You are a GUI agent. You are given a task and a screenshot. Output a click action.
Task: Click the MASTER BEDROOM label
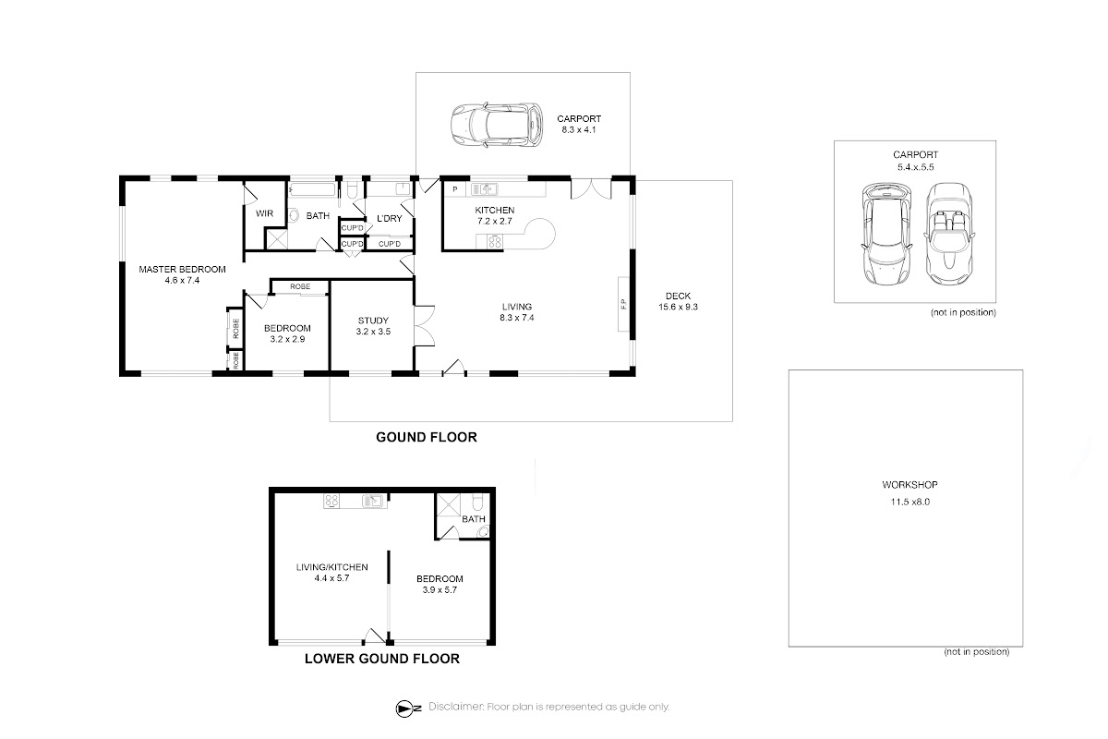tap(182, 269)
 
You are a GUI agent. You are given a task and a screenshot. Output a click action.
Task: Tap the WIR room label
tap(264, 213)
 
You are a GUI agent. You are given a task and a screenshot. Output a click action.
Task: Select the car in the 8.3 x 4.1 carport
tap(497, 125)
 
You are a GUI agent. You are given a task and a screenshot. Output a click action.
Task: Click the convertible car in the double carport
tap(948, 234)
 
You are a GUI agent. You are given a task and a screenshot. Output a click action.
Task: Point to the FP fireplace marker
tap(623, 303)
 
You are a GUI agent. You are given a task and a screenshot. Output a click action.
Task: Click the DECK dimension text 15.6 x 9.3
tap(678, 307)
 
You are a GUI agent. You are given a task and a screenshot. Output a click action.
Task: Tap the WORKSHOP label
tap(909, 485)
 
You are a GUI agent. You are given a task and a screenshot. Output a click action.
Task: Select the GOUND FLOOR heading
tap(427, 437)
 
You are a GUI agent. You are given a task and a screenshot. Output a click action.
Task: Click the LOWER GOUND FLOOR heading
tap(382, 659)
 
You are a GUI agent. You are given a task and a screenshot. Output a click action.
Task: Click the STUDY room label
tap(373, 321)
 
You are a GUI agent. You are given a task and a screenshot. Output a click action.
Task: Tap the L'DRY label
tap(390, 218)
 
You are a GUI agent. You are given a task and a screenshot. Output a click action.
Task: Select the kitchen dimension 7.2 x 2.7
tap(495, 222)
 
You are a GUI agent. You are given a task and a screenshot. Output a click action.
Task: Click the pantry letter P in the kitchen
tap(455, 189)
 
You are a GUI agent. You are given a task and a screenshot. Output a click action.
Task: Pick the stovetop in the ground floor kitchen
tap(495, 242)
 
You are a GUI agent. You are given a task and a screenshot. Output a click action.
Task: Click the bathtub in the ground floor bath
tap(312, 189)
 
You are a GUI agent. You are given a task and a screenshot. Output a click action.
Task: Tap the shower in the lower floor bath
tap(448, 506)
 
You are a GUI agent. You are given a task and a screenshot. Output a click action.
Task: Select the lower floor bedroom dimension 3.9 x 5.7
tap(440, 590)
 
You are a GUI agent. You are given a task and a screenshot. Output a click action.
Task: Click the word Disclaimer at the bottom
tap(455, 707)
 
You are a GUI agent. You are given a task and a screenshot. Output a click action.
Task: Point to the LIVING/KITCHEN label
tap(331, 567)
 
